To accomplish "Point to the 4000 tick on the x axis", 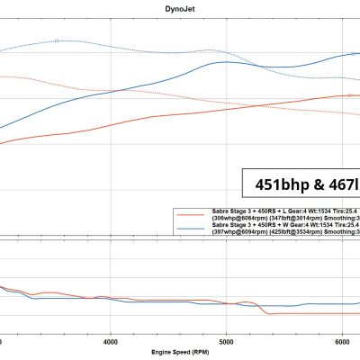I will (110, 343).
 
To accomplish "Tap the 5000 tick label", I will (226, 343).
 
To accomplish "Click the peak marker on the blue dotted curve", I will (56, 40).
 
